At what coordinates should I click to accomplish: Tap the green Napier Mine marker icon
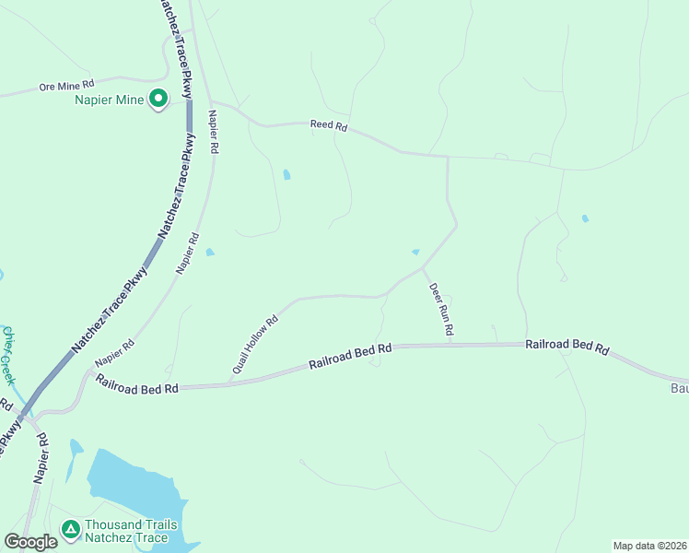coord(158,97)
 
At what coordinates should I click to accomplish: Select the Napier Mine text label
coord(110,99)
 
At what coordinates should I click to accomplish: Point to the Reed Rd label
coord(328,126)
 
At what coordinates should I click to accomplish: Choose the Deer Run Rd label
coord(442,308)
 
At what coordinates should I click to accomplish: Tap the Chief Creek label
coord(7,355)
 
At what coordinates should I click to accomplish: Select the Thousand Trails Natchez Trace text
coord(126,531)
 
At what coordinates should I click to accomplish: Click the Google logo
coord(30,542)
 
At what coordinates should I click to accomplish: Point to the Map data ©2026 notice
coord(649,546)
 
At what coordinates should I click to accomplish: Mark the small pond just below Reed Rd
coord(286,174)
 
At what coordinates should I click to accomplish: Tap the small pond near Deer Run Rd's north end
coord(415,252)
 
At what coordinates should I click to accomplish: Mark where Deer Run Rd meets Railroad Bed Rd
coord(450,345)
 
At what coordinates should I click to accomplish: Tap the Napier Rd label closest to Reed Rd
coord(214,132)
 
